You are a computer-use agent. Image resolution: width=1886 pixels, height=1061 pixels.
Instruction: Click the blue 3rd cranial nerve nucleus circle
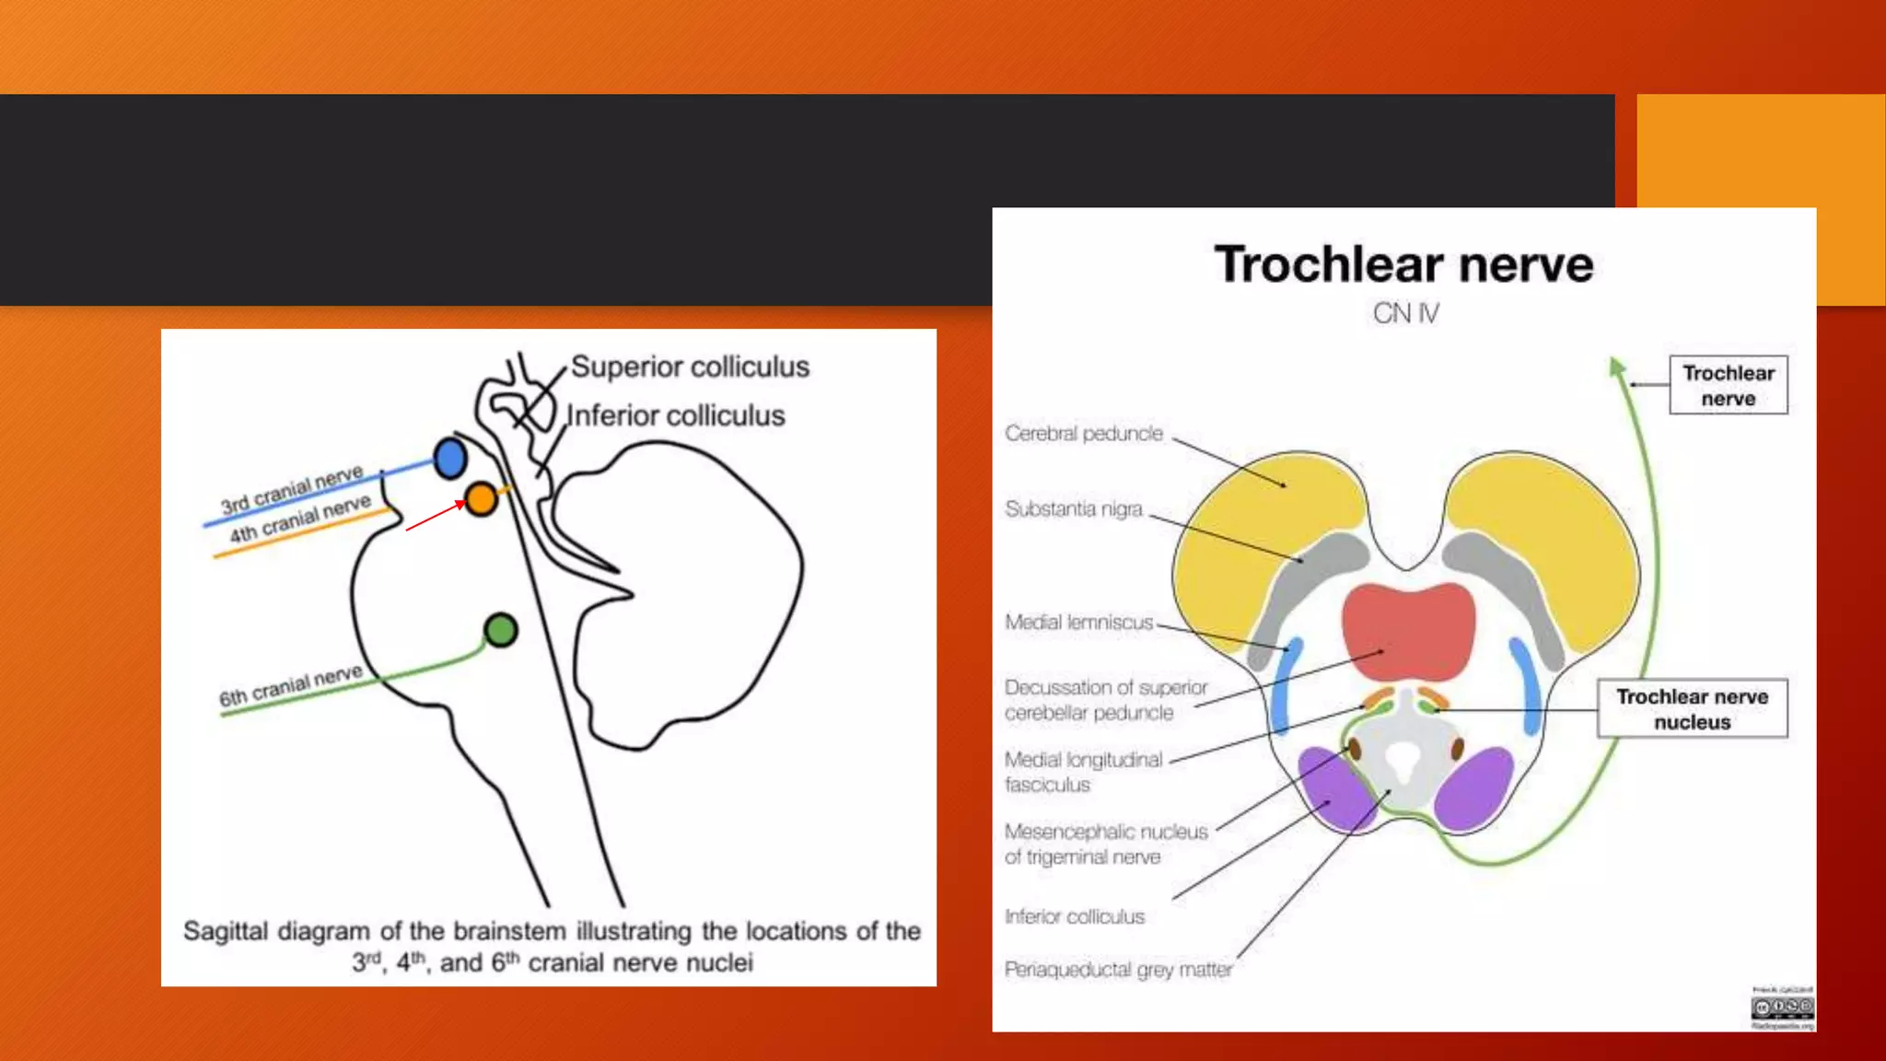450,458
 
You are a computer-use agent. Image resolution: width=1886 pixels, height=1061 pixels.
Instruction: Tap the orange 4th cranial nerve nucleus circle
481,499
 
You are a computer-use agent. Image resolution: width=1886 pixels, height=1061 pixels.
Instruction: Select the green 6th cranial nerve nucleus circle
501,630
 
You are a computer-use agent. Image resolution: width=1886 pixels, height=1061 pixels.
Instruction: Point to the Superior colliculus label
690,367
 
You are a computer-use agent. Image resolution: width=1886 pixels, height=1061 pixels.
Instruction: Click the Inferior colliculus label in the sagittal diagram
676,415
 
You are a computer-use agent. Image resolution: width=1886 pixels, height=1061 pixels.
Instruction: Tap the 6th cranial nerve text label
291,686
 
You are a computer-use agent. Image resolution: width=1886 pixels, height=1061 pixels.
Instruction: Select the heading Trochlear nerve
1403,264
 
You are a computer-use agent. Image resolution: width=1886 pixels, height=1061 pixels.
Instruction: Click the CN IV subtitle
1405,314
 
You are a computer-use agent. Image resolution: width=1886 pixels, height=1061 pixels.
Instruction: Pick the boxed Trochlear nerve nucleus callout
1692,709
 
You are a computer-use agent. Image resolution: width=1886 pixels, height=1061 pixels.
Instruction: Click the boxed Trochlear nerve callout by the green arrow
1728,385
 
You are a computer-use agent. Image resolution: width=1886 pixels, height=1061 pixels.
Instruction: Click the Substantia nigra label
1074,509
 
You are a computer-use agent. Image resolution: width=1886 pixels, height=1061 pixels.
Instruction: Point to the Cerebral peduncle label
1084,434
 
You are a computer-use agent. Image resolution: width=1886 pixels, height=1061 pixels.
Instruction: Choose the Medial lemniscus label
1078,623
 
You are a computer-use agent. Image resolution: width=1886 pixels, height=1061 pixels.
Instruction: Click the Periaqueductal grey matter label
1118,970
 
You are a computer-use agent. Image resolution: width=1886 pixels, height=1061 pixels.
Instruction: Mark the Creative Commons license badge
1782,1008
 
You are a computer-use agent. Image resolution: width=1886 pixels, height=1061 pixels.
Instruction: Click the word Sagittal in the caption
226,931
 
